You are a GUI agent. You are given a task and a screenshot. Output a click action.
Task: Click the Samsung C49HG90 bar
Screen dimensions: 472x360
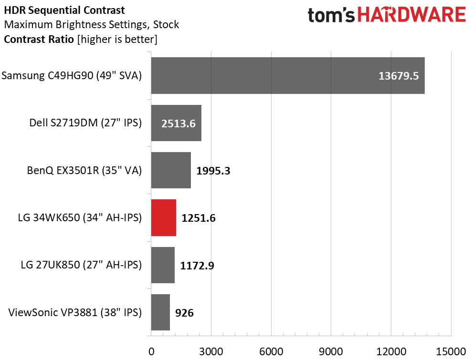coord(288,75)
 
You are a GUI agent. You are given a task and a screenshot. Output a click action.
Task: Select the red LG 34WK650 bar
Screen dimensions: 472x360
coord(163,217)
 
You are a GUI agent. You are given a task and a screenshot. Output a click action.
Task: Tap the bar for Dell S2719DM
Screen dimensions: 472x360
coord(176,123)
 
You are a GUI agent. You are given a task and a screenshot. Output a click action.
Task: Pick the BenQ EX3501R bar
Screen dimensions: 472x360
coord(171,170)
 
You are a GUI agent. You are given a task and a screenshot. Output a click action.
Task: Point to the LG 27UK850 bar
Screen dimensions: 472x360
coord(163,265)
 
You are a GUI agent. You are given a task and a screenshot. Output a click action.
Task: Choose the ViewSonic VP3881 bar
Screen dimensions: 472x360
coord(160,312)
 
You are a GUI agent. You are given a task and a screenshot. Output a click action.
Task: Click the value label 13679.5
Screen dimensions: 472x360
coord(399,76)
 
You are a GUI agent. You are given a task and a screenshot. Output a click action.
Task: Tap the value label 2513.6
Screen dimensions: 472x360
coord(178,123)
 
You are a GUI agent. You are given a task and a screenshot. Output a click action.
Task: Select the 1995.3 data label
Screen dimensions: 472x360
coord(213,171)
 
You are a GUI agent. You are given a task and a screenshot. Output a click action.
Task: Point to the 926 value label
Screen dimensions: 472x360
coord(184,313)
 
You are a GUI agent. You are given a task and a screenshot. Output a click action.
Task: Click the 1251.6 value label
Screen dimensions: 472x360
coord(199,218)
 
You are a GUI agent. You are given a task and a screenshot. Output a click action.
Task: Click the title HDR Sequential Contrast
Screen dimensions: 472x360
coord(64,10)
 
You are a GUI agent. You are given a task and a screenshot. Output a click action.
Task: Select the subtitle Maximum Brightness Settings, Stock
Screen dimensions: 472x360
coord(92,24)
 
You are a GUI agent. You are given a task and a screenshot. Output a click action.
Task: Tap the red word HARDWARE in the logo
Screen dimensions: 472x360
coord(411,15)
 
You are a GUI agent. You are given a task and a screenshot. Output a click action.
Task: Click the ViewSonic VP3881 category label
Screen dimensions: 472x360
coord(75,312)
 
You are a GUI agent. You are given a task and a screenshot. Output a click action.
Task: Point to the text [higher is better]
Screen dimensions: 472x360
coord(117,40)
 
